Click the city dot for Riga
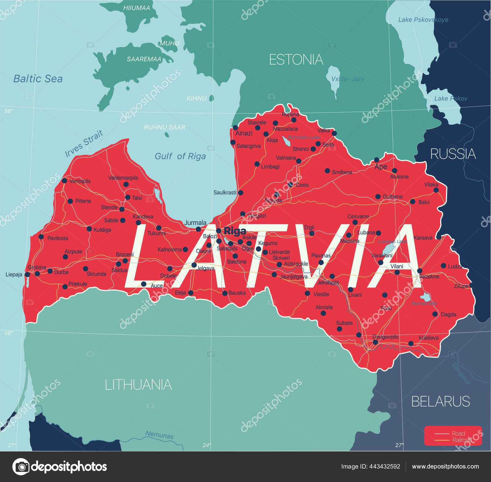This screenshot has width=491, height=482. (x=219, y=231)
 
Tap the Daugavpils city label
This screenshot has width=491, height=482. (x=385, y=337)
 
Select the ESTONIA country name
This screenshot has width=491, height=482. (x=296, y=60)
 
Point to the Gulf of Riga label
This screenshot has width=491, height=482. (x=180, y=156)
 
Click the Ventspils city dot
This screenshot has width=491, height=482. (x=64, y=181)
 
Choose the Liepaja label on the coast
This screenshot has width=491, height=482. (x=14, y=275)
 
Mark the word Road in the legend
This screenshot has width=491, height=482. (x=458, y=433)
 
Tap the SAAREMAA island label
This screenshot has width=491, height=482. (x=144, y=59)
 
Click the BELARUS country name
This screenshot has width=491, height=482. (x=440, y=401)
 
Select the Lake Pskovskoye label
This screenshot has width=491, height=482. (x=423, y=20)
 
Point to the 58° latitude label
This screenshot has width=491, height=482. (x=9, y=111)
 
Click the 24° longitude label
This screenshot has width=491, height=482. (x=207, y=445)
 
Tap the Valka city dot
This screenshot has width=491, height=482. (x=334, y=133)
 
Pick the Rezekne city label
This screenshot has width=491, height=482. (x=429, y=277)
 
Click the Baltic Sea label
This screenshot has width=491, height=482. (x=38, y=79)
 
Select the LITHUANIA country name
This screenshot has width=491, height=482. (x=138, y=385)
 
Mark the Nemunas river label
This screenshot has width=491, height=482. (x=159, y=435)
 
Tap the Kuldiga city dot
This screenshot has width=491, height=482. (x=89, y=229)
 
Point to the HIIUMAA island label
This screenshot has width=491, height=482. (x=137, y=8)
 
